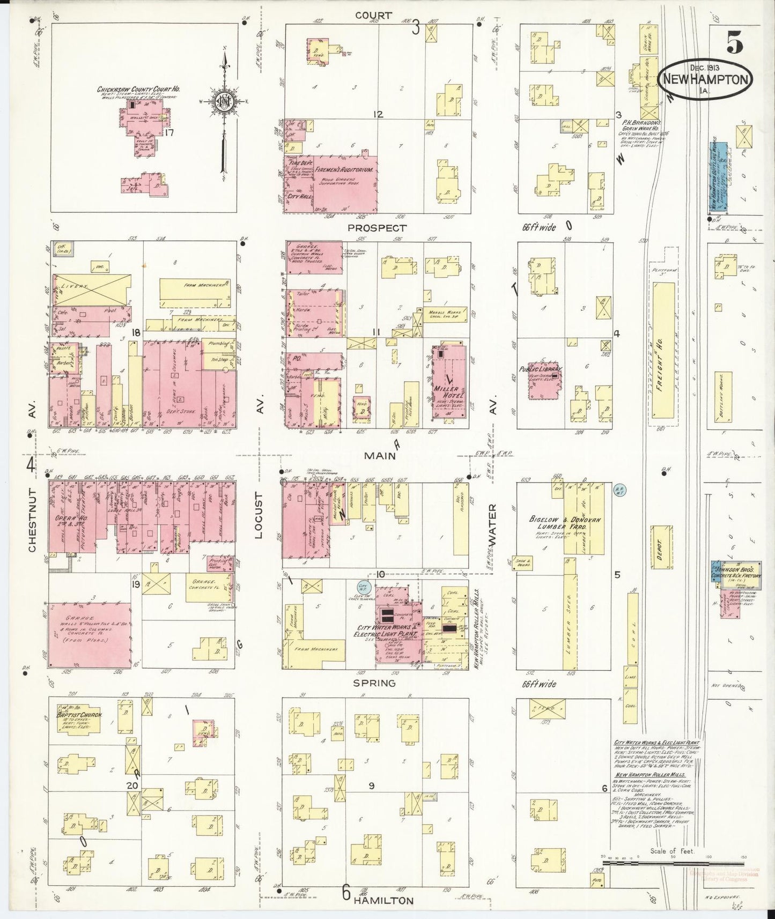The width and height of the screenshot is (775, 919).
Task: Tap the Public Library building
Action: click(545, 383)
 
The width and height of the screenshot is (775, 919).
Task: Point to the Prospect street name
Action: click(377, 227)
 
